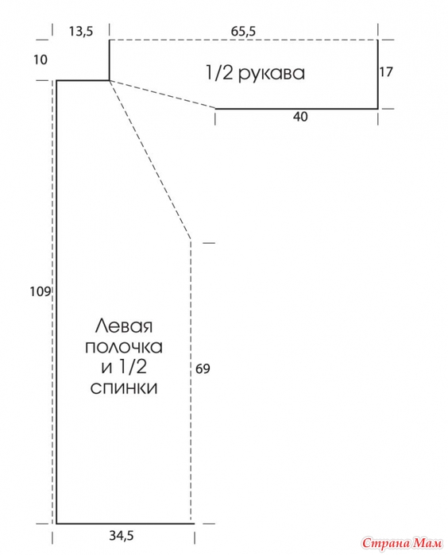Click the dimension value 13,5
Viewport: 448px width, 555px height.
(81, 32)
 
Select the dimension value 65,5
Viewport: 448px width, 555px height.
(243, 32)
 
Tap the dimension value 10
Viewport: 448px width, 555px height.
(41, 60)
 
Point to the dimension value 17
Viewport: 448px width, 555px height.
(386, 72)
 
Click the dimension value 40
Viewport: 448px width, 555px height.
(300, 117)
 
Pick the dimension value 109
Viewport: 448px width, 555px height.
(41, 291)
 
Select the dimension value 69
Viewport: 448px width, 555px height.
(203, 369)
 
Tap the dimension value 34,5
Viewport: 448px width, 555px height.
(121, 536)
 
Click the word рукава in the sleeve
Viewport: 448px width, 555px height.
(272, 75)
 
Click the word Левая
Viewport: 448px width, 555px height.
(124, 326)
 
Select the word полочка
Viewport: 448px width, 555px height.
(124, 347)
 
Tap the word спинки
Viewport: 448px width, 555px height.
(124, 388)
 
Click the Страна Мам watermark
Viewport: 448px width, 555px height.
(402, 543)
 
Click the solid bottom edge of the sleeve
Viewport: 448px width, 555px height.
(297, 109)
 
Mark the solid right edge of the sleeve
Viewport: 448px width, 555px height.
(378, 75)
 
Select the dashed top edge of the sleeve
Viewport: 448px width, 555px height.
(243, 40)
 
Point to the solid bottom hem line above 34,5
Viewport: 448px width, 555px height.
(126, 523)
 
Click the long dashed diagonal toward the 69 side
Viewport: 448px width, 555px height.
(150, 160)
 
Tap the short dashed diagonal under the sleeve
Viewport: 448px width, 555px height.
(162, 94)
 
